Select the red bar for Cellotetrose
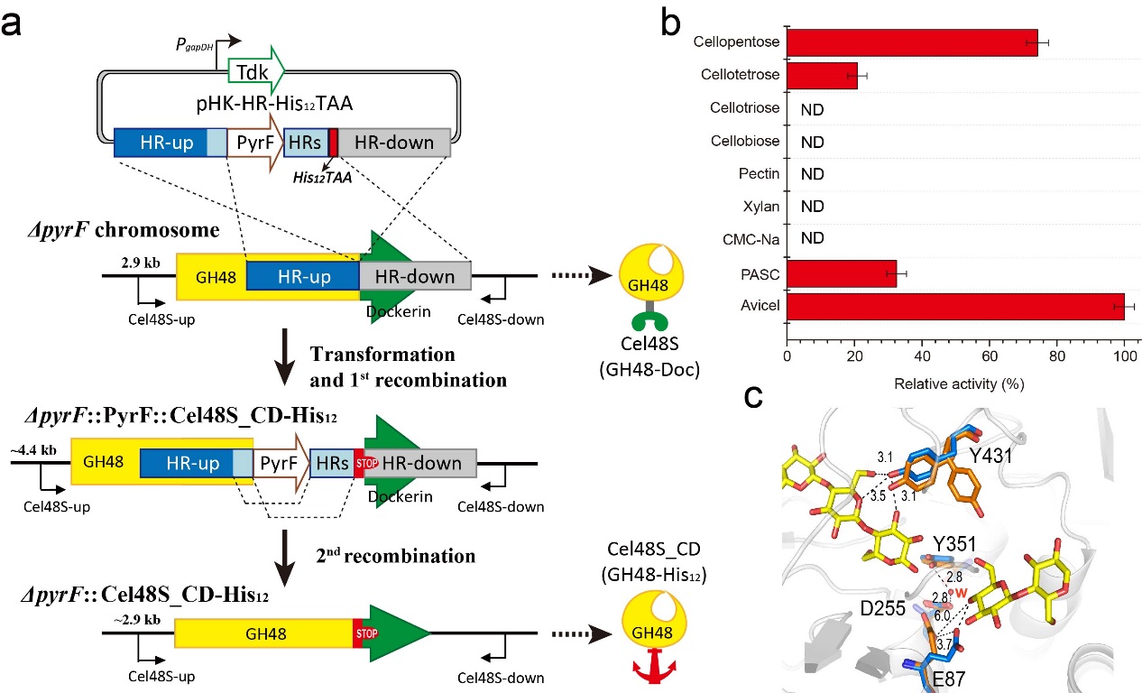822,76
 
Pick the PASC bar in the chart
841,273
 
